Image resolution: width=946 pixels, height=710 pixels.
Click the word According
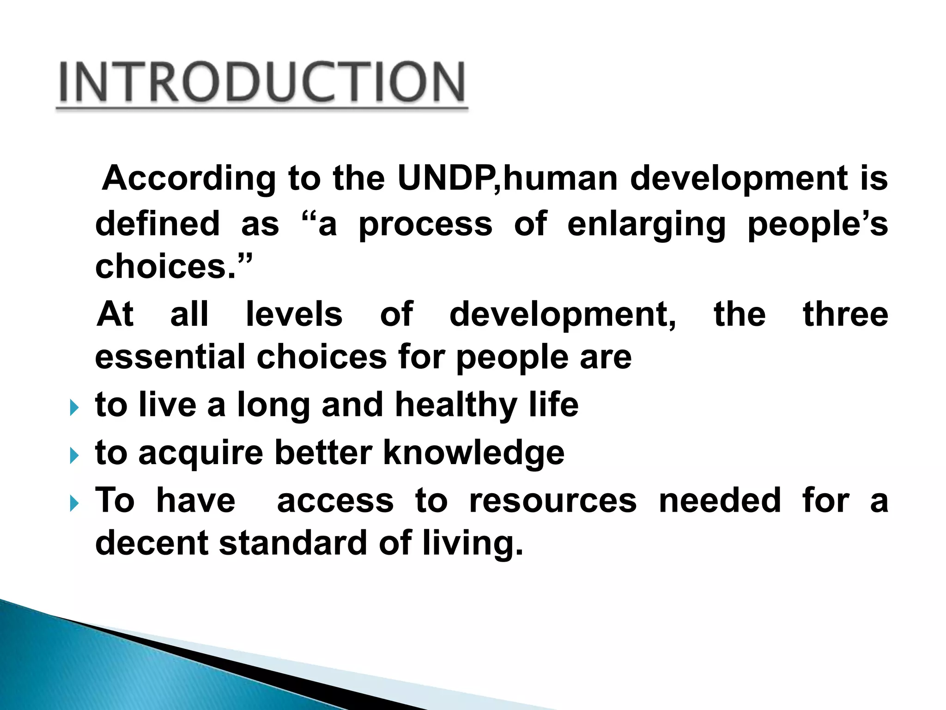(x=189, y=179)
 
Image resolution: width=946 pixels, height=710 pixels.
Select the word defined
(x=157, y=224)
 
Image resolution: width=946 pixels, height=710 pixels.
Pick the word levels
(x=294, y=314)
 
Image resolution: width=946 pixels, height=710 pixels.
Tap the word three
(x=845, y=314)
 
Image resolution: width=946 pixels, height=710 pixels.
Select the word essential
(x=170, y=357)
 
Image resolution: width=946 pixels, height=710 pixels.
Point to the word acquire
(x=200, y=453)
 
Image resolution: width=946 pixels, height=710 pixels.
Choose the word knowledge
(x=473, y=453)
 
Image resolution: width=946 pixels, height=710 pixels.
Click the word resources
(x=552, y=501)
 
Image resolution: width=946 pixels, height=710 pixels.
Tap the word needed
(x=719, y=500)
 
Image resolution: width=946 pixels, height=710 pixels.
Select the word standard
(x=293, y=543)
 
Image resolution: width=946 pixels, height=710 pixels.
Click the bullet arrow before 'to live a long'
(x=74, y=408)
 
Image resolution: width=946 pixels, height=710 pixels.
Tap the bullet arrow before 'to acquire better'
(x=74, y=456)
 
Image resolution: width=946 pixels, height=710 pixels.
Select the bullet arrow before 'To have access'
(x=74, y=503)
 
